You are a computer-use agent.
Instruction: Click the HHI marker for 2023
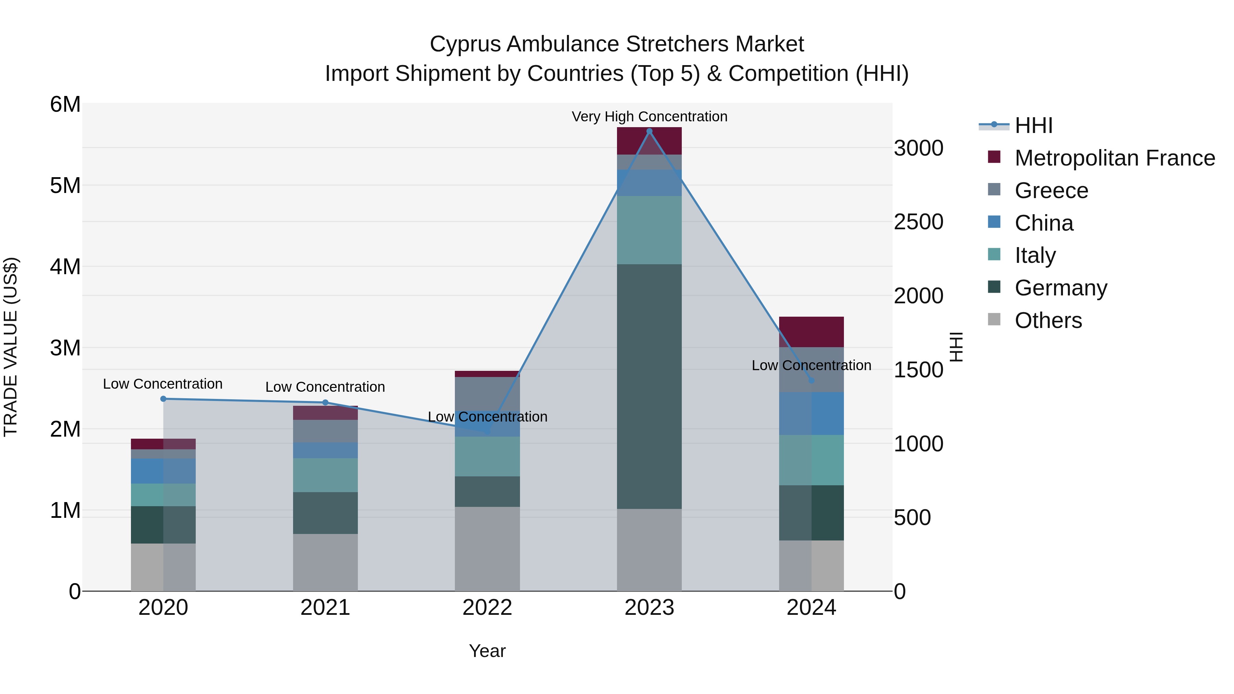pos(649,131)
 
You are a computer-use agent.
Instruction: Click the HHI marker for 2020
pos(164,399)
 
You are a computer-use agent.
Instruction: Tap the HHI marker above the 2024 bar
pos(811,381)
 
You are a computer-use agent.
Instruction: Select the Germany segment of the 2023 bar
pos(649,386)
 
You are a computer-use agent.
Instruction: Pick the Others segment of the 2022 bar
pos(487,549)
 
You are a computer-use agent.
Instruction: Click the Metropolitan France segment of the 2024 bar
pos(811,332)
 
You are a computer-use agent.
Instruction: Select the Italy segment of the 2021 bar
pos(325,475)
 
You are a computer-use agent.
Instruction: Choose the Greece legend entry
pos(1051,191)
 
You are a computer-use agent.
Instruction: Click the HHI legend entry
pos(1033,125)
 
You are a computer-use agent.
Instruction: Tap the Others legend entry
pos(1048,320)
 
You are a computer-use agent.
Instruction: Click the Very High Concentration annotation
pos(649,117)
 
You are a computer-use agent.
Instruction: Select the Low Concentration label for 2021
pos(325,387)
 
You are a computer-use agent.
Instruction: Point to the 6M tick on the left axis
pos(65,105)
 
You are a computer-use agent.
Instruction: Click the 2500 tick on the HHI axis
pos(918,222)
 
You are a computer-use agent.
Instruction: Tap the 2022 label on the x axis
pos(487,608)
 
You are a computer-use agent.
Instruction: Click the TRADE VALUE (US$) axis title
pos(11,347)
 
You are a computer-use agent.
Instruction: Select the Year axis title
pos(487,651)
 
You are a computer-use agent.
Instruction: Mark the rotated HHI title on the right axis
pos(956,347)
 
